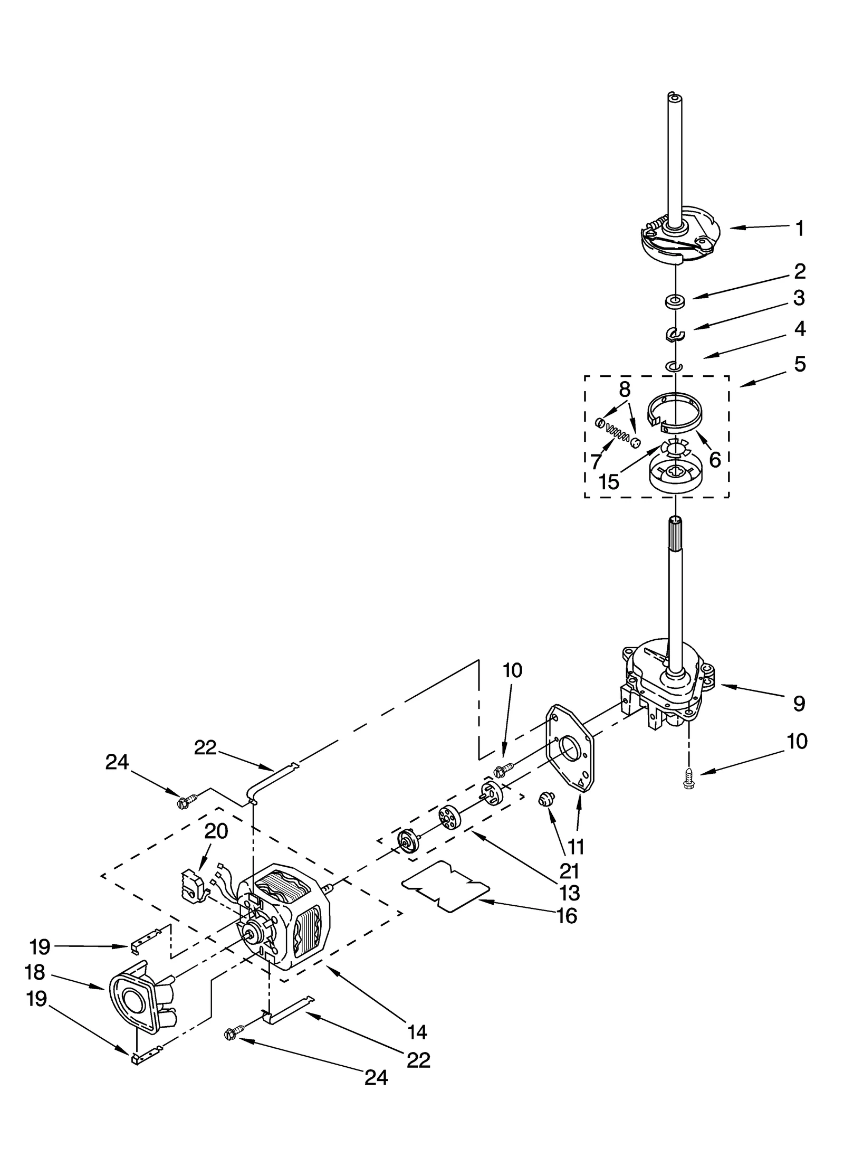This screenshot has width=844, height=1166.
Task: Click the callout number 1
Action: click(800, 229)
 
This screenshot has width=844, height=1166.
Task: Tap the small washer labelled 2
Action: click(674, 301)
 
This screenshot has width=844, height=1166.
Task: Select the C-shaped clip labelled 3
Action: click(674, 334)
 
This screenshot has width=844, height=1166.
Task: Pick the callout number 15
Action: click(609, 481)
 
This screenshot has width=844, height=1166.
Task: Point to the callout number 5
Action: click(800, 364)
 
